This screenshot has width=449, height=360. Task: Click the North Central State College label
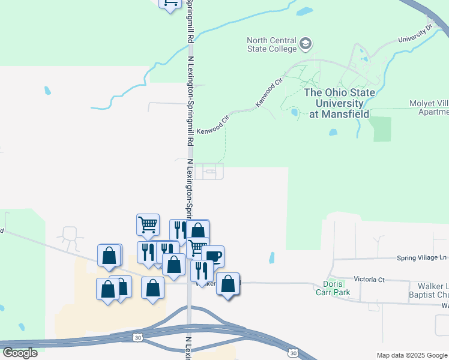point(272,44)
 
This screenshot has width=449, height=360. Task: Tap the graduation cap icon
point(306,44)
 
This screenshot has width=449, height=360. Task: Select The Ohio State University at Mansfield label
point(340,103)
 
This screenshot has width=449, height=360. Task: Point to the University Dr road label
point(415,34)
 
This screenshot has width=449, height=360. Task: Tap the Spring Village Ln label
point(423,258)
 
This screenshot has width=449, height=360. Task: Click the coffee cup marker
point(214,256)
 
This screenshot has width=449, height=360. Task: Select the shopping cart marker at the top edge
point(170,3)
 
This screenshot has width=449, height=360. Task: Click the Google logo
point(19,353)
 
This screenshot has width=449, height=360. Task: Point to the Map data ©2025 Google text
point(412,355)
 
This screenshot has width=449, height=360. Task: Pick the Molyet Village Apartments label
point(429,107)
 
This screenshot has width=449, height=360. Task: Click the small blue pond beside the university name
point(294,112)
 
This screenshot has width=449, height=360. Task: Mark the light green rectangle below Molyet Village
point(381,129)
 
